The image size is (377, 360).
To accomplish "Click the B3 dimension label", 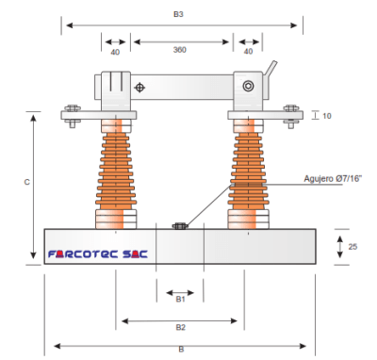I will point(178,15).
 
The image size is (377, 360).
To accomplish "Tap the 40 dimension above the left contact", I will point(115,52).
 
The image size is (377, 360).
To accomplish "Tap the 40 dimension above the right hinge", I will point(249,52).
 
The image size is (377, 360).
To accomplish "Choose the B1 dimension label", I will point(179,299).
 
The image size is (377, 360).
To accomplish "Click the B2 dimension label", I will point(179,328).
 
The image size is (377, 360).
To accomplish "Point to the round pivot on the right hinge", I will point(249,87).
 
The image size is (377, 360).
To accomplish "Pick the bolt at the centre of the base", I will point(179,225).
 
